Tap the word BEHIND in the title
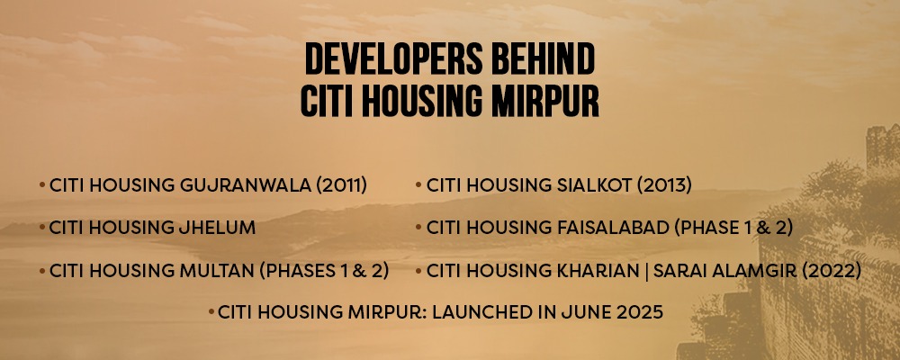(x=533, y=59)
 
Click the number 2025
(x=639, y=312)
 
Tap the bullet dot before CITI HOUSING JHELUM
(x=42, y=228)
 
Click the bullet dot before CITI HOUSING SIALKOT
(x=418, y=185)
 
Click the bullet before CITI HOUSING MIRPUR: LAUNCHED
(x=211, y=312)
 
